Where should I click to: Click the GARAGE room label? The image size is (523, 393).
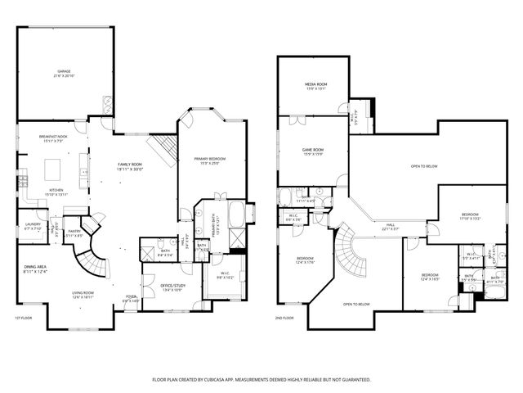[x=65, y=72]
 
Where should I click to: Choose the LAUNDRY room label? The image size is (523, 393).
[x=33, y=225]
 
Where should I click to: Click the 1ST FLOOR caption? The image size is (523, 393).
[x=22, y=318]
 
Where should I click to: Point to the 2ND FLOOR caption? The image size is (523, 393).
[x=284, y=318]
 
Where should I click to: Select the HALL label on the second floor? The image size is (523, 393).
[x=391, y=227]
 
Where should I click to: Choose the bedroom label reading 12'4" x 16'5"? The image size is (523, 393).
[x=430, y=277]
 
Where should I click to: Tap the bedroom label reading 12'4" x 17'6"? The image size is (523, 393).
[x=305, y=260]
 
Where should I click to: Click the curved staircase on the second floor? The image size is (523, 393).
[x=354, y=254]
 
